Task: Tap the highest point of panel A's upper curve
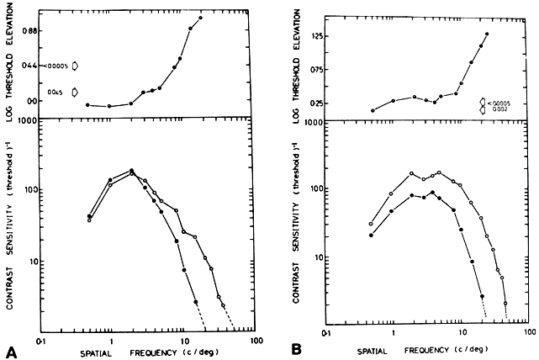click(x=201, y=18)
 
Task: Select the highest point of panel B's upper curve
click(x=487, y=34)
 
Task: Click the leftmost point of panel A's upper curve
click(x=87, y=104)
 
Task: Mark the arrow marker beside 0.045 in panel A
click(x=75, y=92)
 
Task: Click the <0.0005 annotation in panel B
click(x=502, y=102)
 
